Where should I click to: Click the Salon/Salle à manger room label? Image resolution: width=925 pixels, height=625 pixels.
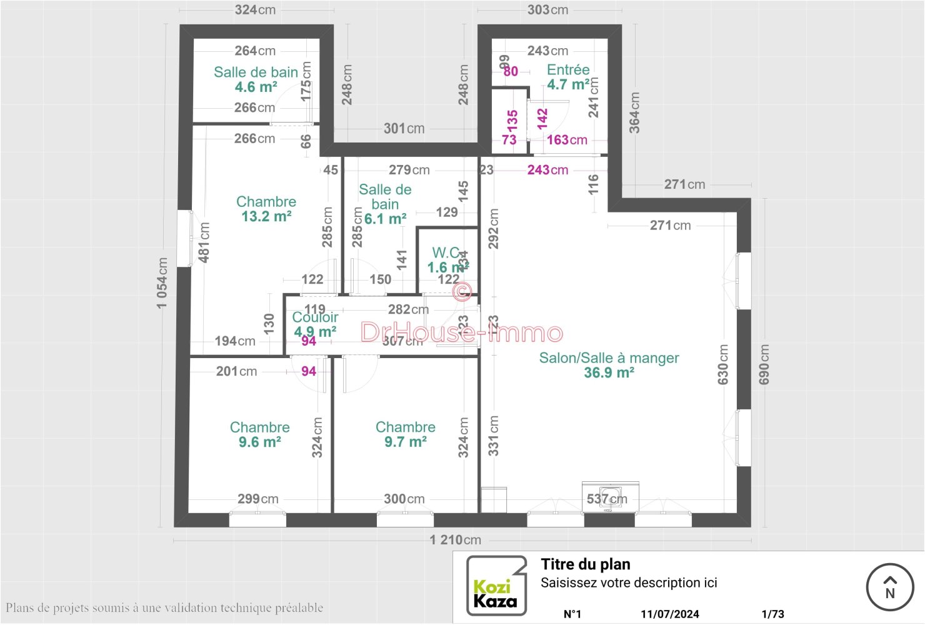(x=609, y=358)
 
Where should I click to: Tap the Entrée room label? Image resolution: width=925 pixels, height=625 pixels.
(x=567, y=70)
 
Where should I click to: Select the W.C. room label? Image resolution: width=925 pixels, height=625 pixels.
(x=446, y=253)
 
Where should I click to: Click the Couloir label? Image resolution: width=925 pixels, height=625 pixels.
(x=315, y=317)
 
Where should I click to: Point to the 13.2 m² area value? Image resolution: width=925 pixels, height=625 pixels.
(x=266, y=217)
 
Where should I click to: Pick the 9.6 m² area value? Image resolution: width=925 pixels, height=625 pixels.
(x=259, y=442)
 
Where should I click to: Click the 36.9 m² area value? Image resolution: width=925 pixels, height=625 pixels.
(x=609, y=373)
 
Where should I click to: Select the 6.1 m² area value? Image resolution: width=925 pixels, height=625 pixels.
(x=385, y=219)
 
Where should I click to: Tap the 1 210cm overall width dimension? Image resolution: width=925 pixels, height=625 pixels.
(x=455, y=540)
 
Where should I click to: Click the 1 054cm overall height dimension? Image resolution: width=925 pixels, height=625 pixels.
(x=162, y=283)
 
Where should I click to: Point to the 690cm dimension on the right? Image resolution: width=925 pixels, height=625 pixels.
(x=764, y=364)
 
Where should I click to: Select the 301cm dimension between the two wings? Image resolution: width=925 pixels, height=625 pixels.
(x=404, y=129)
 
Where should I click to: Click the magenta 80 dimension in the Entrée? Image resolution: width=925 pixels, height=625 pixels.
(x=511, y=71)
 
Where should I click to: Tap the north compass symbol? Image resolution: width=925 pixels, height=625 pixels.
(x=890, y=587)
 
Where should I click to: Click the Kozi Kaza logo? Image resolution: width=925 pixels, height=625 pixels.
(x=496, y=586)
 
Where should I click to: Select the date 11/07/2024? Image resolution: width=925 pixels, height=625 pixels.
(x=669, y=614)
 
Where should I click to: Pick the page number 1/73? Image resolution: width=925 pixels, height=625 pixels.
(x=772, y=614)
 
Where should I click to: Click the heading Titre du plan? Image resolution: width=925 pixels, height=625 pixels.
(x=585, y=564)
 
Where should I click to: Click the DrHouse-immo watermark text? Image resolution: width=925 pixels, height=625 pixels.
(x=461, y=332)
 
